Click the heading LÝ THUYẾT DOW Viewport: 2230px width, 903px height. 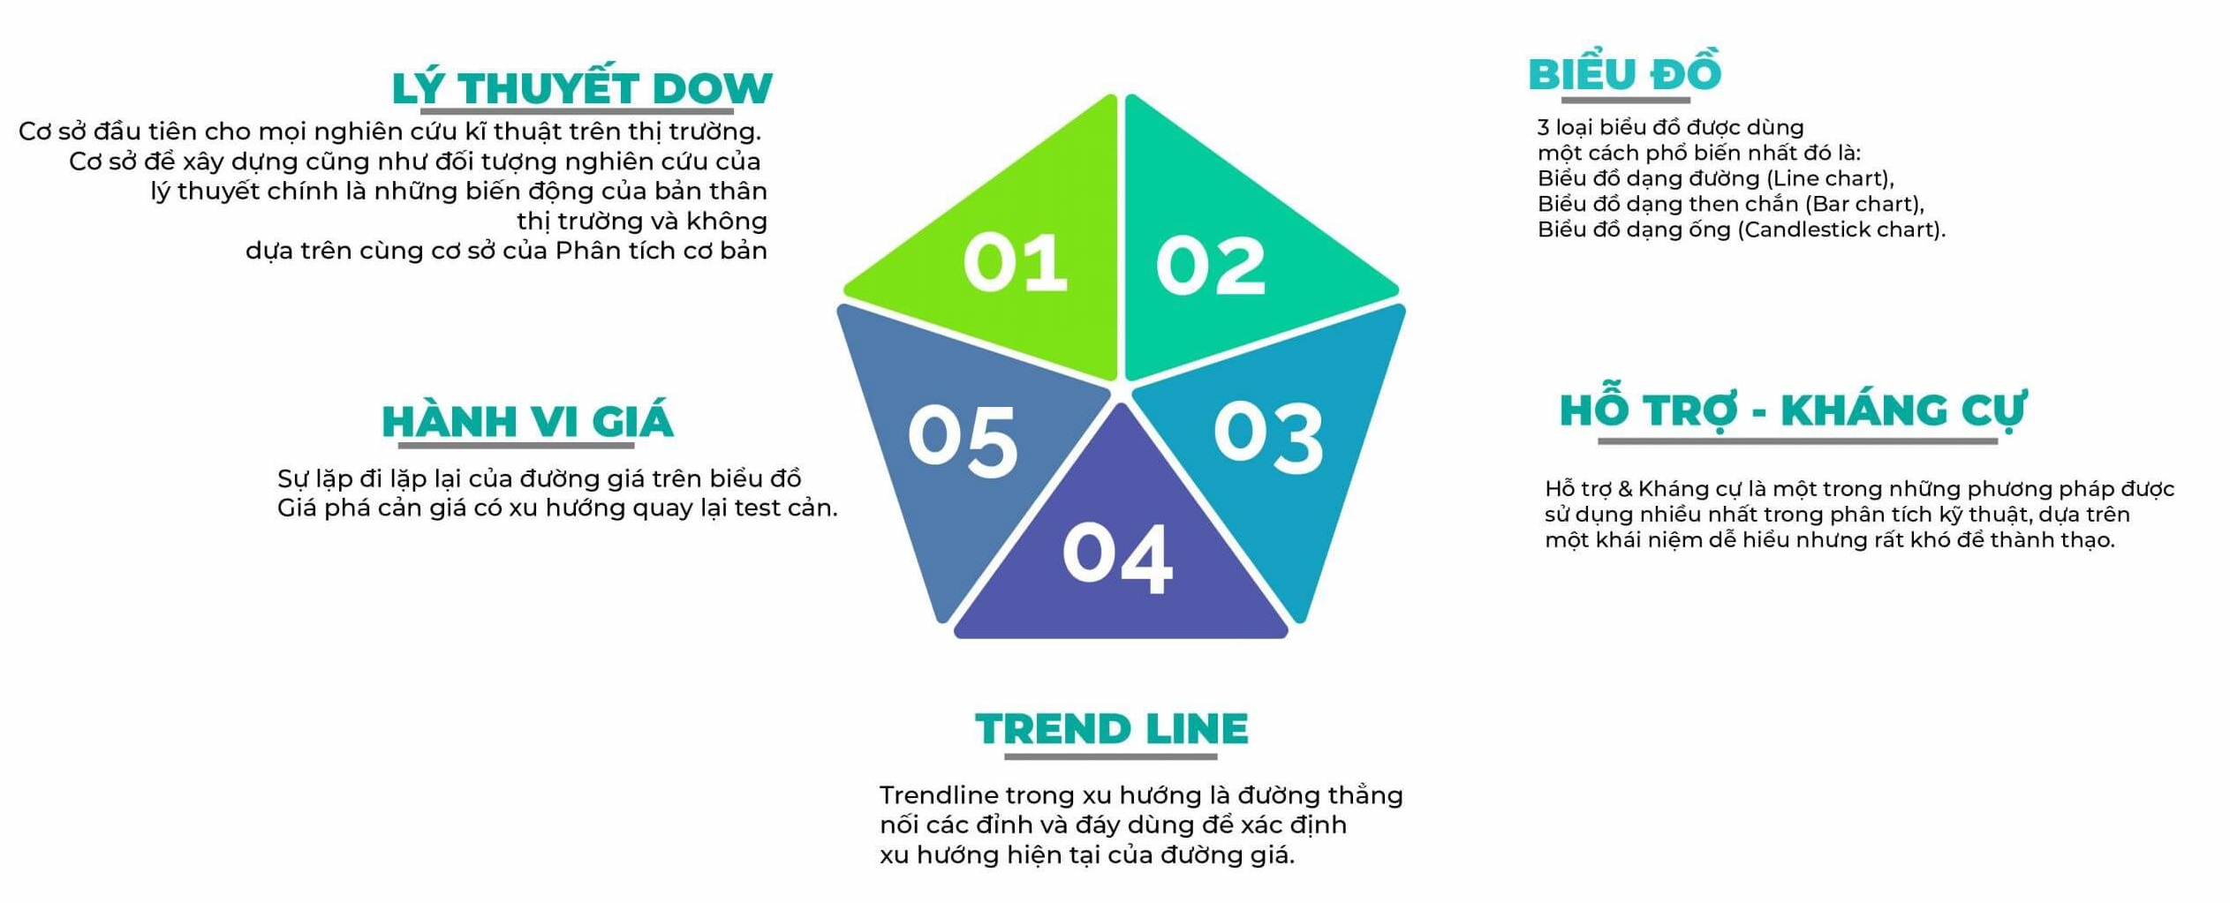pyautogui.click(x=582, y=87)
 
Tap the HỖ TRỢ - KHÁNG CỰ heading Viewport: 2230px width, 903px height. pyautogui.click(x=1793, y=410)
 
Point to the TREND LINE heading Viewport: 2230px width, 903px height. pyautogui.click(x=1112, y=729)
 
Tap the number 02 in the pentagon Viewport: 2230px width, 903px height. pyautogui.click(x=1211, y=266)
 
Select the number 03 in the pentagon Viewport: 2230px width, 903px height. pyautogui.click(x=1268, y=436)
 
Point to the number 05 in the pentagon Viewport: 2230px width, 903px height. pyautogui.click(x=963, y=441)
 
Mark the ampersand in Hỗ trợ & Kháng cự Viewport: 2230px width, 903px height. pyautogui.click(x=1624, y=488)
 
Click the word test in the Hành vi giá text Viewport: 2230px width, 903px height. pyautogui.click(x=757, y=508)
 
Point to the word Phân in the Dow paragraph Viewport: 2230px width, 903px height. pyautogui.click(x=587, y=251)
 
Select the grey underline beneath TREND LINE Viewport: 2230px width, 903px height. pyautogui.click(x=1110, y=756)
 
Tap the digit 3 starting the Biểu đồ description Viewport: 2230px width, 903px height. pyautogui.click(x=1544, y=127)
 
